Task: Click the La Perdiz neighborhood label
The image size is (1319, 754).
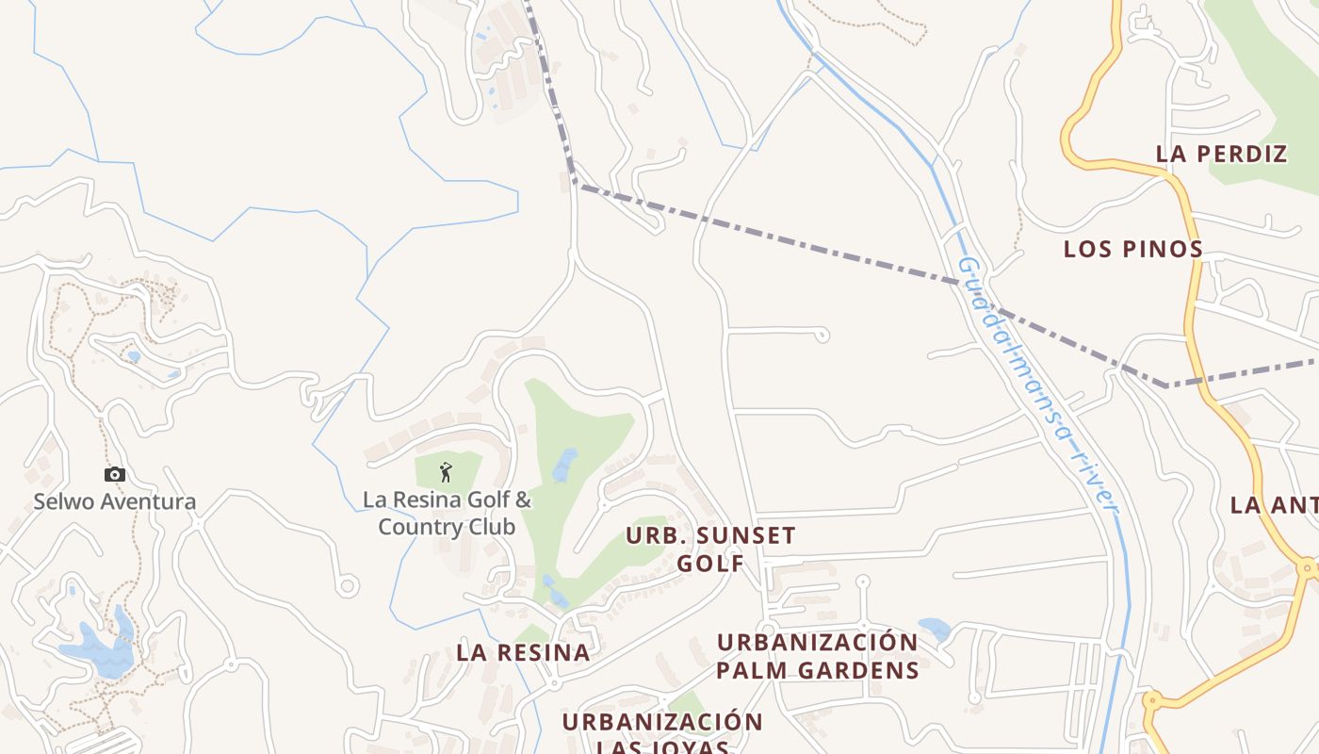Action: pyautogui.click(x=1221, y=155)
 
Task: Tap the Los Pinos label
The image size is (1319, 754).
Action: pyautogui.click(x=1132, y=249)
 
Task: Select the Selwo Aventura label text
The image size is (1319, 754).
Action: pyautogui.click(x=115, y=501)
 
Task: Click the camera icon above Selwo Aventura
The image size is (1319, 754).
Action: pyautogui.click(x=115, y=475)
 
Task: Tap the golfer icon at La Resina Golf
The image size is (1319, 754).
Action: pyautogui.click(x=447, y=471)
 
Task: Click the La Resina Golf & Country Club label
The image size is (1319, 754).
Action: pyautogui.click(x=447, y=513)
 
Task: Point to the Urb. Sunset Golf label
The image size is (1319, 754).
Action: pyautogui.click(x=710, y=549)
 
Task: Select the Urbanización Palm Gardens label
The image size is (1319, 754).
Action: pyautogui.click(x=817, y=656)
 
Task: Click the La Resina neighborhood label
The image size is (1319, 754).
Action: pyautogui.click(x=523, y=652)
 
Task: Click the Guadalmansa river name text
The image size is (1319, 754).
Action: pyautogui.click(x=1036, y=386)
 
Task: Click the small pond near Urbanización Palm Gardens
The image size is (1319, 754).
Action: pyautogui.click(x=934, y=629)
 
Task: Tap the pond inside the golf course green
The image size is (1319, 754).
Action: pyautogui.click(x=565, y=464)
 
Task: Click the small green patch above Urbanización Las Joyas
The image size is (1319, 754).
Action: pyautogui.click(x=688, y=703)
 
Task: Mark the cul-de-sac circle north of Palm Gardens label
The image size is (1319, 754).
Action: pyautogui.click(x=862, y=582)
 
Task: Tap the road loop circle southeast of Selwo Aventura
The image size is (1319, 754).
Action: pyautogui.click(x=348, y=586)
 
